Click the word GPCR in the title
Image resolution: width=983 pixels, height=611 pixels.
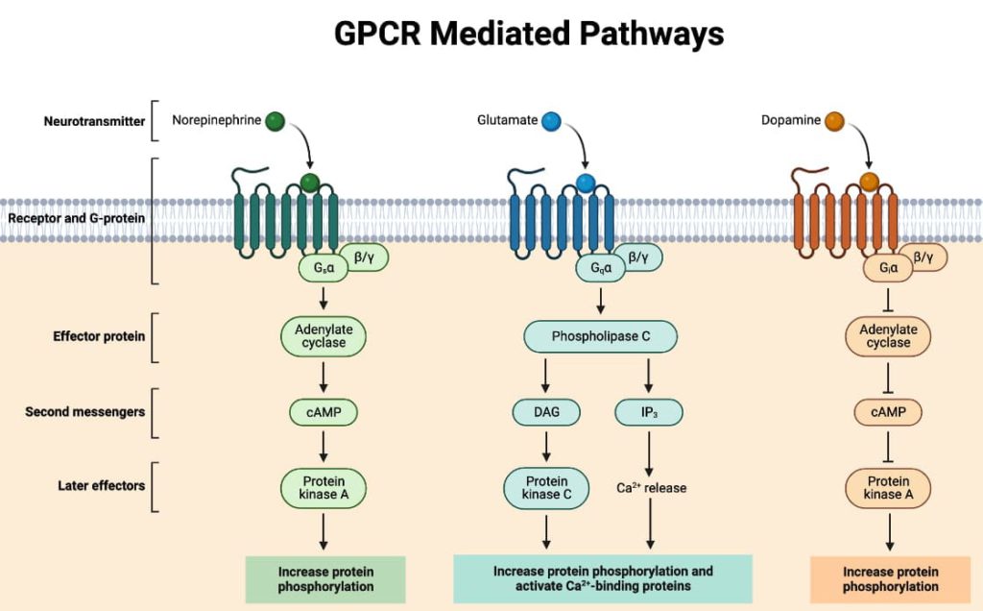click(x=376, y=35)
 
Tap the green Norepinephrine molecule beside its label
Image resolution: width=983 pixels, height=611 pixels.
click(x=276, y=121)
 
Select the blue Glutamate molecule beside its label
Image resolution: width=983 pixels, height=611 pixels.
click(x=551, y=121)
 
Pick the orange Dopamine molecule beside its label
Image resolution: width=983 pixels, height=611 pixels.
click(x=833, y=121)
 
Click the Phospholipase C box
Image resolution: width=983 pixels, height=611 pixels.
click(x=601, y=336)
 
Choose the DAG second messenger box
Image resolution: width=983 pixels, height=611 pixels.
click(x=544, y=412)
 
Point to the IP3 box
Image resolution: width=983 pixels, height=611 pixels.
click(x=648, y=412)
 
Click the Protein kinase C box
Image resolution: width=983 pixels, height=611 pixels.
click(x=546, y=488)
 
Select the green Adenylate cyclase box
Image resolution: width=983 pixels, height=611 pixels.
click(x=324, y=336)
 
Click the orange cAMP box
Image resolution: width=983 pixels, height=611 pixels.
click(x=888, y=412)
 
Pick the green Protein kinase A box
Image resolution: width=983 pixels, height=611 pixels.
click(x=324, y=488)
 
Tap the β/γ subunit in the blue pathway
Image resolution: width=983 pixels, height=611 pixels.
click(x=637, y=257)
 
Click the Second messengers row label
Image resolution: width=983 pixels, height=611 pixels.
click(x=85, y=412)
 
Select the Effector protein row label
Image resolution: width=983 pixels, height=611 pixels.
click(x=100, y=336)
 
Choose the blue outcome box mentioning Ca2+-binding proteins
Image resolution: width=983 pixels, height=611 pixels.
click(x=602, y=578)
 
